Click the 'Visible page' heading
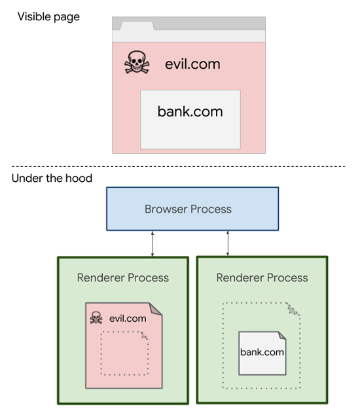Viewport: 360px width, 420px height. [48, 16]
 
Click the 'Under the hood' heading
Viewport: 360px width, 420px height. [52, 178]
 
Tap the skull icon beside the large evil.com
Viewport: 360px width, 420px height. [137, 64]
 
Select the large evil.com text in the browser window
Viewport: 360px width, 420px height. [192, 64]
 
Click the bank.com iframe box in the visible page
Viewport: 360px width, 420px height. [190, 119]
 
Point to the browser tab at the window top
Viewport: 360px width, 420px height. [134, 26]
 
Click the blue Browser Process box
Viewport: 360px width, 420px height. [192, 209]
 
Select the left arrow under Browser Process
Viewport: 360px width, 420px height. [152, 243]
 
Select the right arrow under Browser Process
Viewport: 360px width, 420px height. [228, 243]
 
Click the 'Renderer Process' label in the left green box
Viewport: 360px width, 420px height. [122, 277]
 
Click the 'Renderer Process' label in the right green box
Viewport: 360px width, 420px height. [262, 277]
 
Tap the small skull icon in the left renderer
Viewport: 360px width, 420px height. [96, 319]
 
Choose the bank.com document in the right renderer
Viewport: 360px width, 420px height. [262, 353]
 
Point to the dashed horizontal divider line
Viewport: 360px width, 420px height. [179, 166]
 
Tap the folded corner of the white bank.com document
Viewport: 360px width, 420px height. [281, 335]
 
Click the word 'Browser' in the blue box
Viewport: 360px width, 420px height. [165, 209]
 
